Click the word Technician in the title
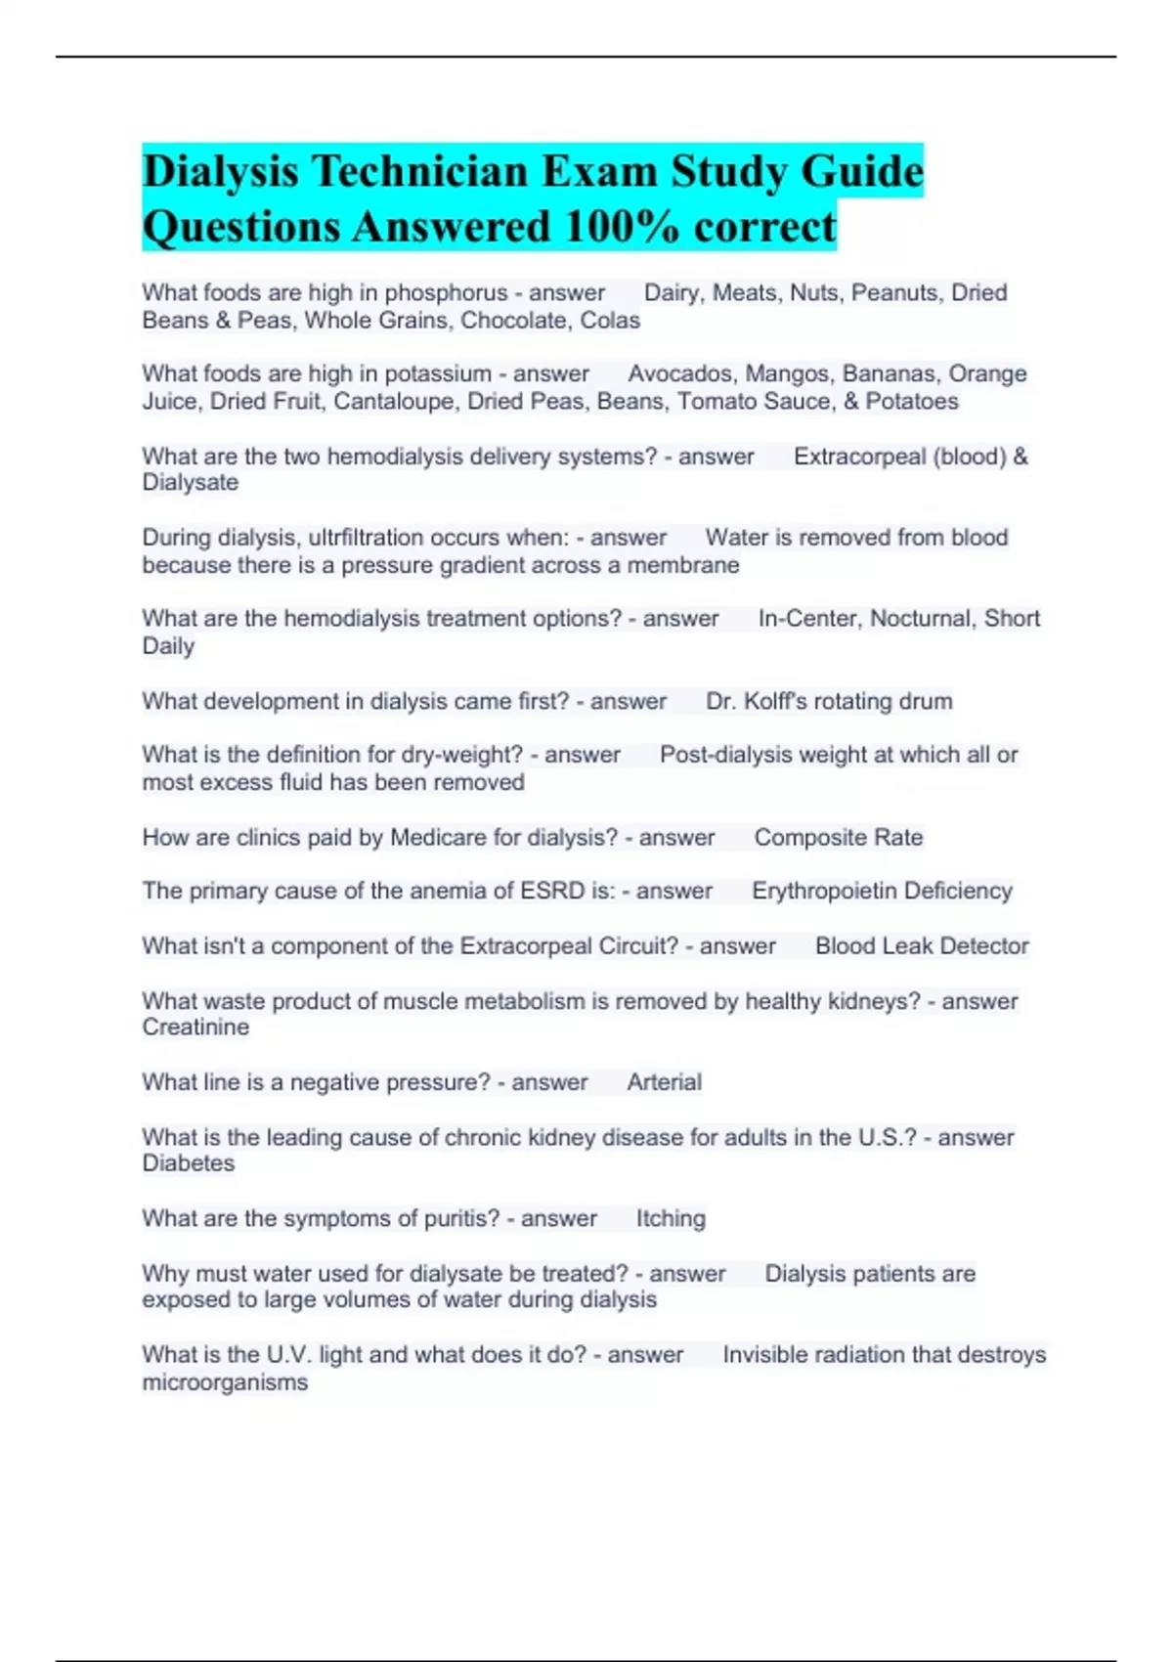click(419, 172)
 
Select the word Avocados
click(681, 374)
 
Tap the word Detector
click(983, 946)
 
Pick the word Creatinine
click(195, 1028)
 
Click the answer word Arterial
click(664, 1082)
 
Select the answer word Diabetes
click(189, 1163)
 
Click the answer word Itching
click(671, 1219)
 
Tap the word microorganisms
click(225, 1382)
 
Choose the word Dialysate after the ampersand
click(191, 483)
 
